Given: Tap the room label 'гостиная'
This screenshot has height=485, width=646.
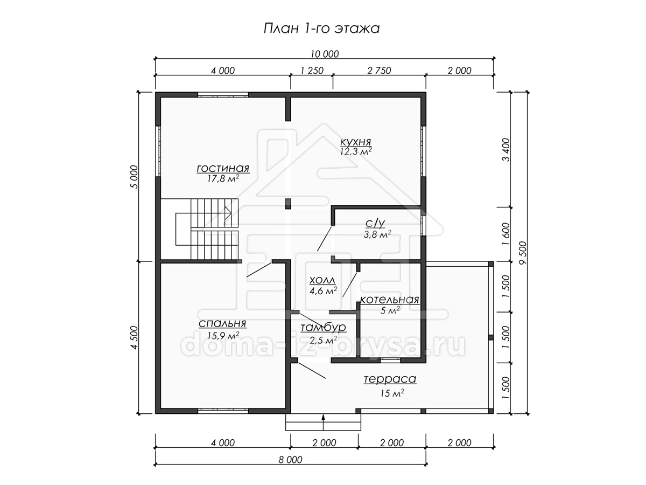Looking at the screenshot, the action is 223,169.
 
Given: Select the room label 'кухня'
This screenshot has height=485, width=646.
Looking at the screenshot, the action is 355,142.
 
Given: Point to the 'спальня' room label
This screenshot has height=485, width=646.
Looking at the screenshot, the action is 222,324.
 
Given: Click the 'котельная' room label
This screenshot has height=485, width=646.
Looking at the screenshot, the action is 389,300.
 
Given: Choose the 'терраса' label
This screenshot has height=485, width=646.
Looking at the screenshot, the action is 390,379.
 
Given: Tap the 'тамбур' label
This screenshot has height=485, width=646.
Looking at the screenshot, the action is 323,328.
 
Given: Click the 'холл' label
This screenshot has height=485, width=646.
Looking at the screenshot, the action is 322,280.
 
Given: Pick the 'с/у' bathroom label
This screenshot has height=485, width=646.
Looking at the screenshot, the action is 375,223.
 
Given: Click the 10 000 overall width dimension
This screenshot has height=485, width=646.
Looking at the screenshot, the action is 325,54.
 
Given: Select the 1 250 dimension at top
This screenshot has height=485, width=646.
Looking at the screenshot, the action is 312,71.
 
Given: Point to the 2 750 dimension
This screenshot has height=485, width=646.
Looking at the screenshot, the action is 380,71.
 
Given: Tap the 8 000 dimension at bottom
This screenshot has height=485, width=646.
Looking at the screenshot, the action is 291,460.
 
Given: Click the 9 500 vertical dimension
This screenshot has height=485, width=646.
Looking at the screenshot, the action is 523,253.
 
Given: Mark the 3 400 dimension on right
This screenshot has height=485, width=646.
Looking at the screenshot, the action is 506,150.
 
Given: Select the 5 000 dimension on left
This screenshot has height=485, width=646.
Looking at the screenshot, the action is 134,177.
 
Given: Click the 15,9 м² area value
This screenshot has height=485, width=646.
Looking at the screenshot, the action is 223,335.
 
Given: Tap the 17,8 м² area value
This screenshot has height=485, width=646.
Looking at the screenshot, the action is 223,178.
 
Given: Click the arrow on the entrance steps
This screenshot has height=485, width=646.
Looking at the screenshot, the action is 323,422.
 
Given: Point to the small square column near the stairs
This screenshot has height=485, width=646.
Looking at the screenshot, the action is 288,204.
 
